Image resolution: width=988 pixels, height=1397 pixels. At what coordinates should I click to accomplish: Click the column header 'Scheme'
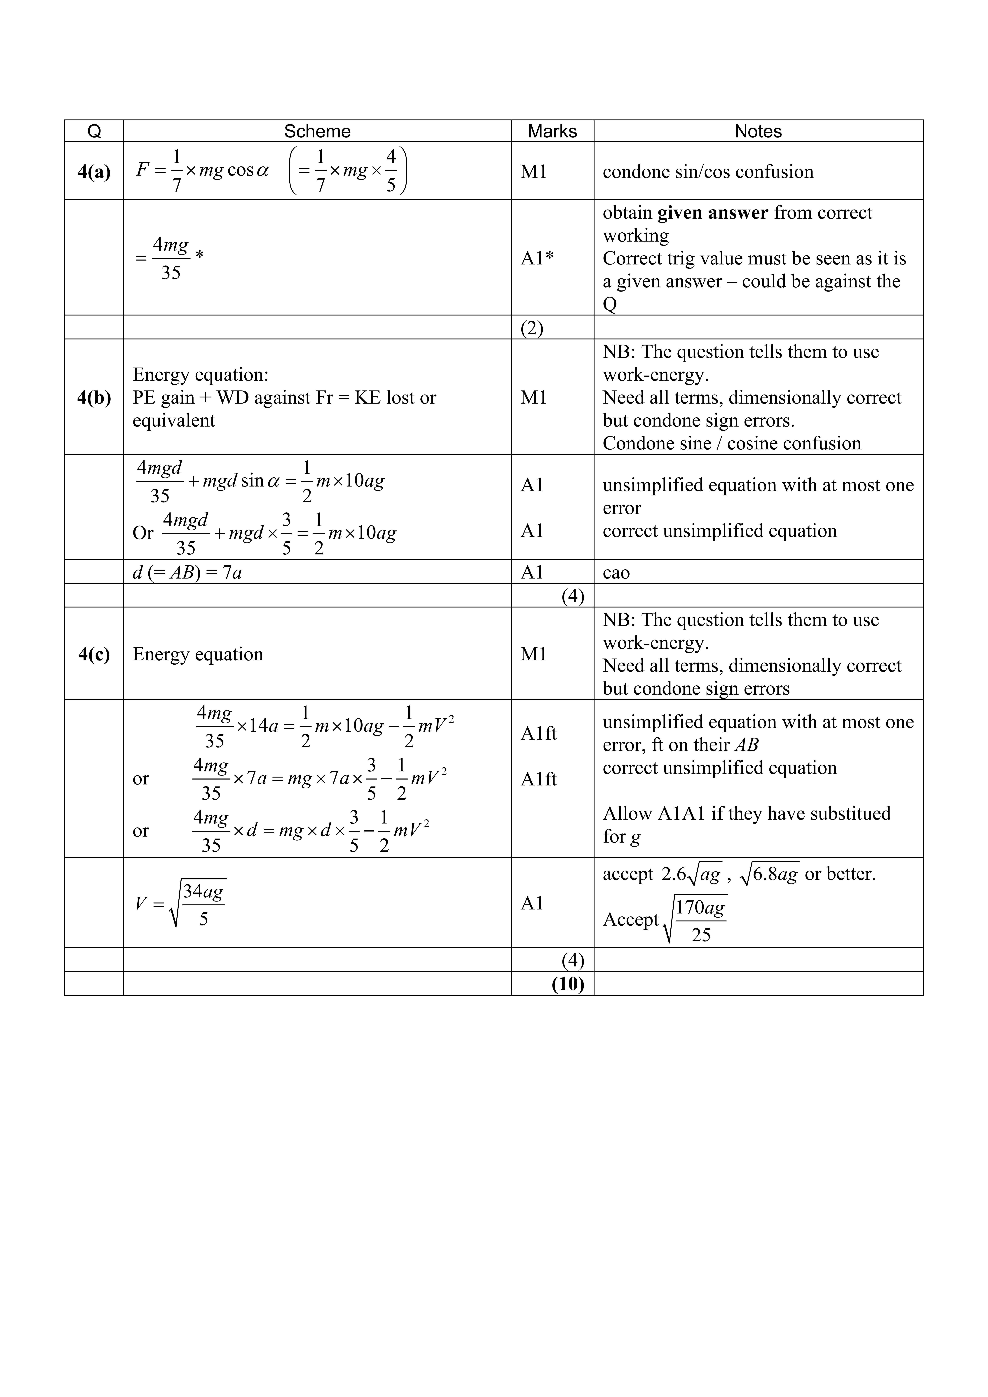tap(317, 131)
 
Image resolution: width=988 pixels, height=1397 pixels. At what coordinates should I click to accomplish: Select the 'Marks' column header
tap(552, 131)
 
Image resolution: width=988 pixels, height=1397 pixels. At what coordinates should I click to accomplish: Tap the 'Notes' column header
tap(758, 131)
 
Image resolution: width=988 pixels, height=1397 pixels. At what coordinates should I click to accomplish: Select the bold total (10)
tap(568, 984)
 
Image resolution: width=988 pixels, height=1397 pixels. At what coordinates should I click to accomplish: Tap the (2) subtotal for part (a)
tap(532, 329)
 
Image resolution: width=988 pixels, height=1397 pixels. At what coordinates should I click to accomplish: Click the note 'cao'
tap(616, 572)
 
